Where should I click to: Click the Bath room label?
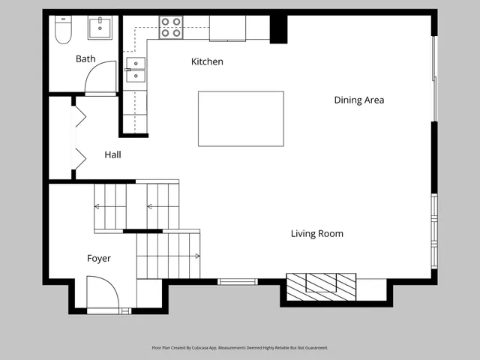pos(85,58)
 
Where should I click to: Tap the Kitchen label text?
pos(207,61)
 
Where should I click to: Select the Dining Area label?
pos(358,100)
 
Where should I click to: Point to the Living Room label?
pos(316,234)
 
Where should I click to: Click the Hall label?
pos(112,155)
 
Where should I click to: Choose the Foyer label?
pos(98,259)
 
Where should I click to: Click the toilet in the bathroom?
pos(62,29)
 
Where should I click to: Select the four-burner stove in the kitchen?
pos(171,28)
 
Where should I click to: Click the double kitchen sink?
pos(135,69)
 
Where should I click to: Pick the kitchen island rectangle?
pos(241,118)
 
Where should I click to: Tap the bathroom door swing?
pos(101,78)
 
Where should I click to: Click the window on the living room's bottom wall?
pos(237,281)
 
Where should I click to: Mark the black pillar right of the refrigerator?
pos(278,28)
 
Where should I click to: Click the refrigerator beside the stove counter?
pos(227,28)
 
